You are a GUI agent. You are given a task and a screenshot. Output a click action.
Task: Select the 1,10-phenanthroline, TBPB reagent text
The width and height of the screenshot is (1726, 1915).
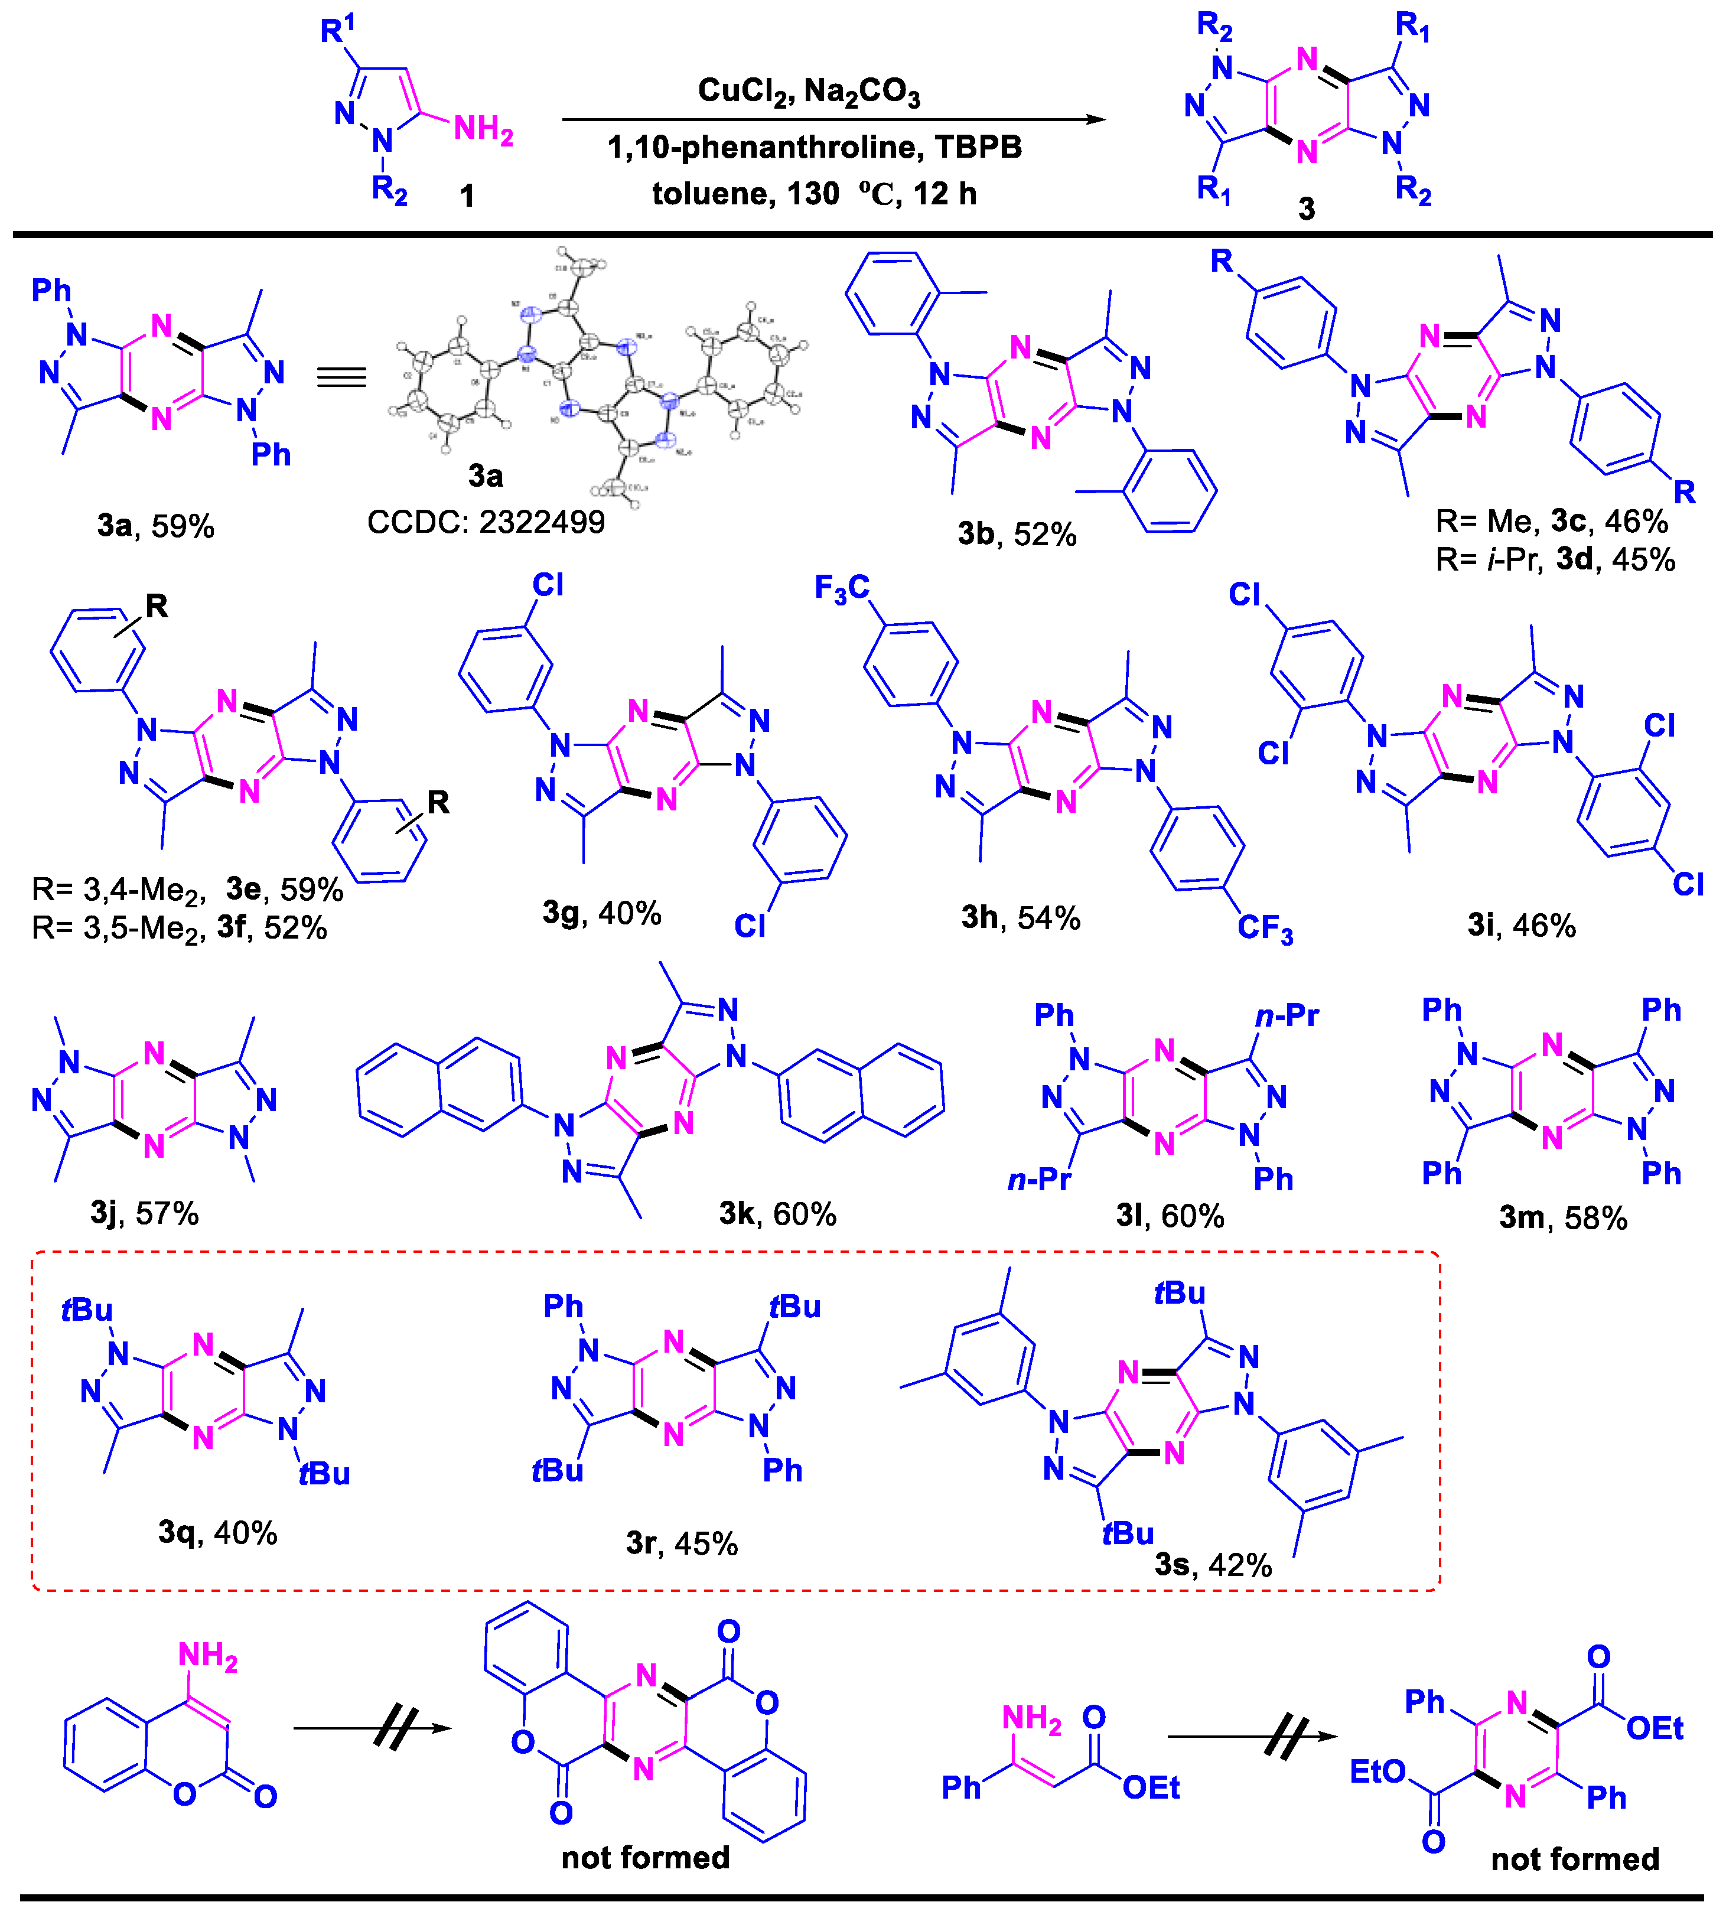814,147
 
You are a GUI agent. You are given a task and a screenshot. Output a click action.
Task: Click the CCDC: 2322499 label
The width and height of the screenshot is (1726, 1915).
486,522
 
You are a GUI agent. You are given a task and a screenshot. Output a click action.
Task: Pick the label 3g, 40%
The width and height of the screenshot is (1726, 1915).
601,913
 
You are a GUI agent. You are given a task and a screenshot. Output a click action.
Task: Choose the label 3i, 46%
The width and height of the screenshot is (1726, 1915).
1521,925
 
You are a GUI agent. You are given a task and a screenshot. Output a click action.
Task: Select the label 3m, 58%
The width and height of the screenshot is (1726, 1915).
1563,1217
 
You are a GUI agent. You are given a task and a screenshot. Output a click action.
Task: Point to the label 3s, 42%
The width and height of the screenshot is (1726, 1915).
1213,1564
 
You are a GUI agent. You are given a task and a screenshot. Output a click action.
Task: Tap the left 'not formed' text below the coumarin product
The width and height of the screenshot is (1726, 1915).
645,1857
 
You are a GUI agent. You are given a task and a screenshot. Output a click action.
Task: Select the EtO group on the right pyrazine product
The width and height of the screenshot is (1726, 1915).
1377,1772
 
